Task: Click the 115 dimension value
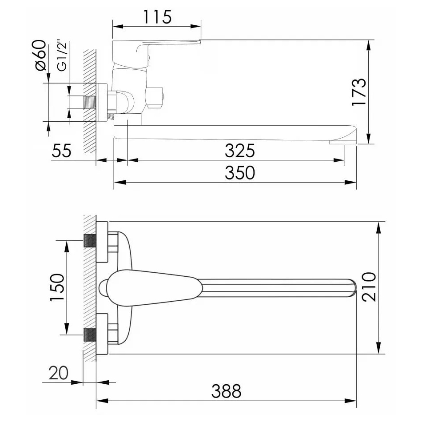[x=157, y=17]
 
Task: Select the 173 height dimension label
[x=359, y=92]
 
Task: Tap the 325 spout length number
[x=239, y=151]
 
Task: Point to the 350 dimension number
[x=239, y=172]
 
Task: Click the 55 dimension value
[x=61, y=151]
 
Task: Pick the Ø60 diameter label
[x=40, y=55]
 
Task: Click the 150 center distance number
[x=57, y=287]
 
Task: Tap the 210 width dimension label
[x=368, y=287]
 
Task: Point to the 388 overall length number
[x=226, y=391]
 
